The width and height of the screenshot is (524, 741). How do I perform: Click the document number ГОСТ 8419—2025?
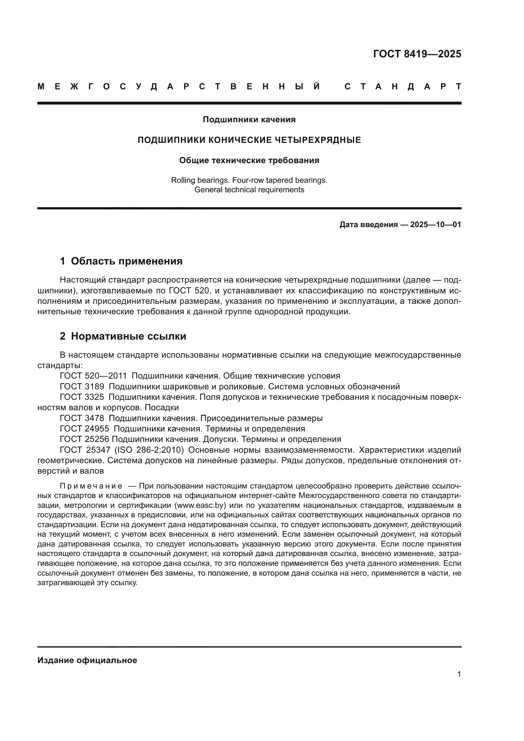point(417,54)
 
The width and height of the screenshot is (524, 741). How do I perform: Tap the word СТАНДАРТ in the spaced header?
point(403,86)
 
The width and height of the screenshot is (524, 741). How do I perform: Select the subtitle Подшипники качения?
point(249,120)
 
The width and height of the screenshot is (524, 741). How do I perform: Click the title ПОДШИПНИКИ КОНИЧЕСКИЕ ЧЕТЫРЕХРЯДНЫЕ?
point(249,140)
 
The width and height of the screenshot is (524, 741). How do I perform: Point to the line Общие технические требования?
point(249,160)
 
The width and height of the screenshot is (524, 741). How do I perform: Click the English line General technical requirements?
point(249,190)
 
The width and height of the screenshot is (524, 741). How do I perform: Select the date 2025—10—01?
point(436,225)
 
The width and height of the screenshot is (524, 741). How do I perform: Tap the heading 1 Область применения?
point(121,261)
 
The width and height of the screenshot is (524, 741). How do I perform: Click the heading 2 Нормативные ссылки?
point(123,336)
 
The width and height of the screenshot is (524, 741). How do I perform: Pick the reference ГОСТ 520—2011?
point(93,376)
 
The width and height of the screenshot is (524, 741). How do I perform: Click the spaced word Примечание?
point(91,486)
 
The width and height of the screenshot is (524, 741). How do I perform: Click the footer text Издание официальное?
point(87,660)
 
